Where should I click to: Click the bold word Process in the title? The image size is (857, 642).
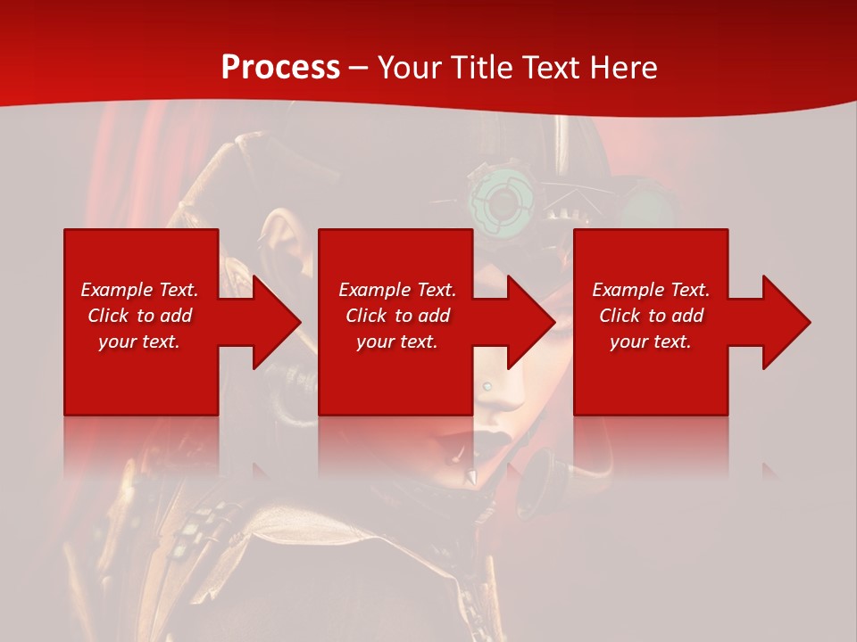coord(280,68)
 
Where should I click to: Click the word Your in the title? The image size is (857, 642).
coord(411,68)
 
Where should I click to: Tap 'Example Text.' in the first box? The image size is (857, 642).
coord(139,290)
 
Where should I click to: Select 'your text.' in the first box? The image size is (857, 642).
coord(139,342)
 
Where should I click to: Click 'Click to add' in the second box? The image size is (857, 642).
coord(397,316)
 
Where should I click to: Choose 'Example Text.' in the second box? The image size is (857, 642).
coord(397,290)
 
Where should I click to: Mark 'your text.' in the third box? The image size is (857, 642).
coord(650,342)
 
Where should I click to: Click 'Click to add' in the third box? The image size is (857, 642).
coord(651,316)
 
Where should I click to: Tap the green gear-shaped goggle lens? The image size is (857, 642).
coord(502,203)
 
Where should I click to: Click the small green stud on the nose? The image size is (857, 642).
coord(487,385)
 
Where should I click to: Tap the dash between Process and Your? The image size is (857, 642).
coord(359,68)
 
